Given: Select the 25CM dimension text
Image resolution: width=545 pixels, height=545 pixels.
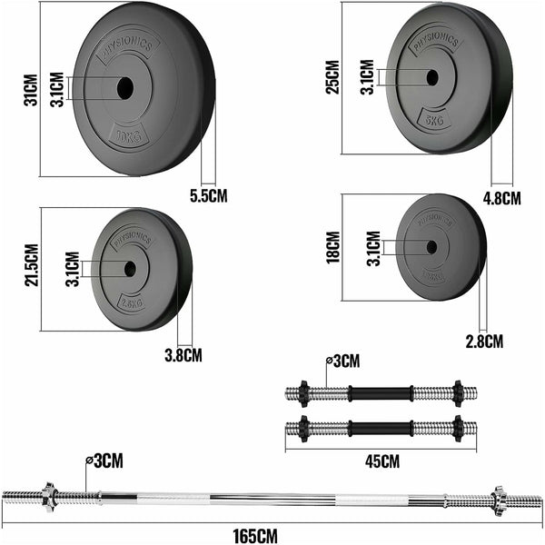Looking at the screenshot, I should (333, 78).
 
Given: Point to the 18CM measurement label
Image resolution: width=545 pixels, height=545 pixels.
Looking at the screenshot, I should (333, 246).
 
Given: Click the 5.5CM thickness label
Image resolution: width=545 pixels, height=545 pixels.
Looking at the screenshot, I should (209, 195).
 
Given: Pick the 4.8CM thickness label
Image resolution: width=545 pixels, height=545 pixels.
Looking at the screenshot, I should (501, 197).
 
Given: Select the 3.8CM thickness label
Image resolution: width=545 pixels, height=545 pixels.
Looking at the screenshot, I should (183, 355).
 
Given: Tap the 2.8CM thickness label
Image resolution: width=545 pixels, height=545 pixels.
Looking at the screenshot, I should (483, 341).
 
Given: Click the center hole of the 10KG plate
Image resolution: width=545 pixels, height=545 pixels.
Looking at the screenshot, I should (124, 88).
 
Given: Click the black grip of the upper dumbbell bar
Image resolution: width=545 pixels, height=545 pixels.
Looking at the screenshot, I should (379, 394).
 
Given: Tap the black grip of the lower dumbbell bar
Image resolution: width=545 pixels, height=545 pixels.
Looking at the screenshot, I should (379, 427).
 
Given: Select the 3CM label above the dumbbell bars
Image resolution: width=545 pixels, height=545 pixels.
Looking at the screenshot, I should (345, 362).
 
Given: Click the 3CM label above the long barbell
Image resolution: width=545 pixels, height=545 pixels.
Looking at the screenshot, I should (107, 461).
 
